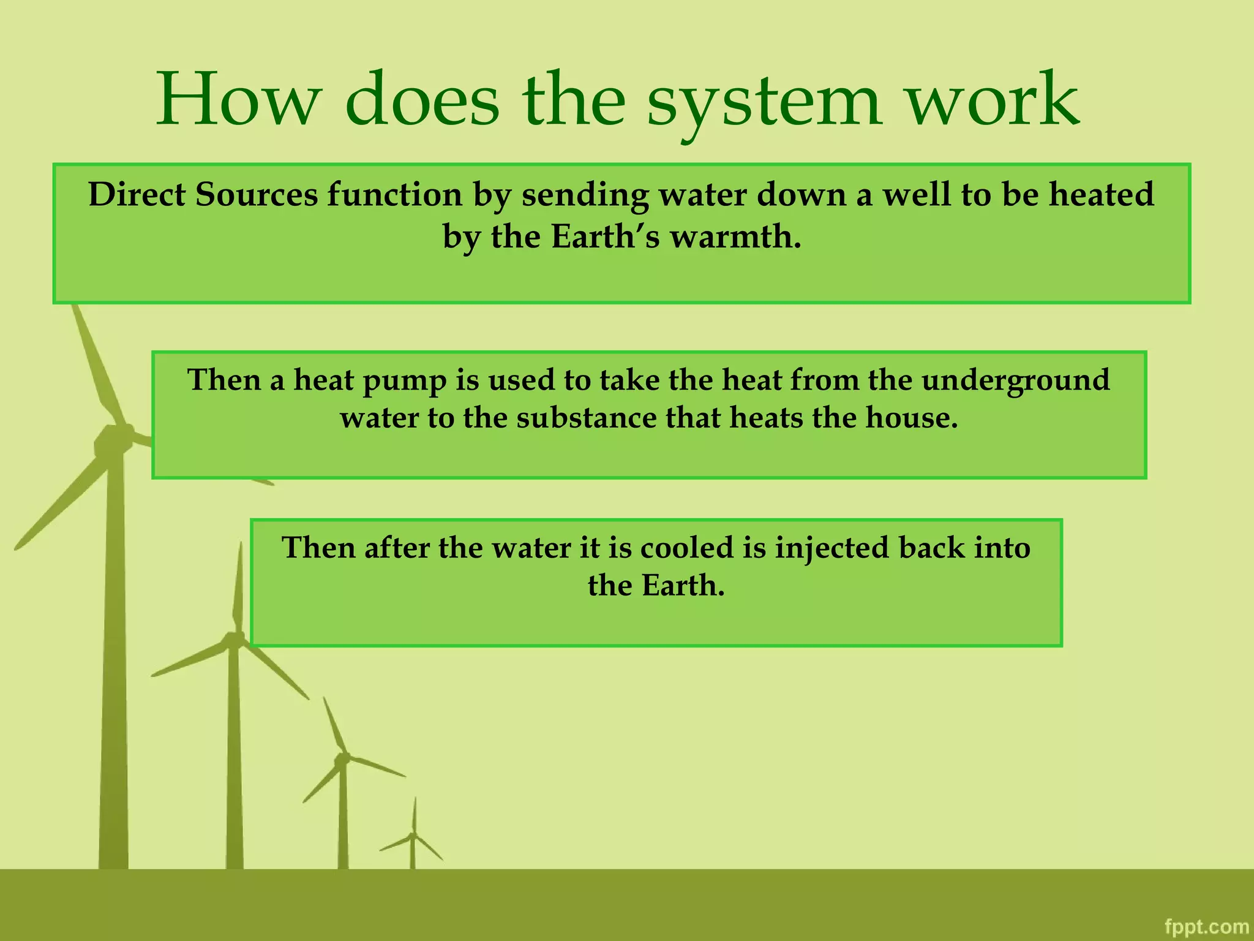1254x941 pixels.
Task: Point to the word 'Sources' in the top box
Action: [257, 195]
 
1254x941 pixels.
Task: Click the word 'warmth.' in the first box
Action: [735, 236]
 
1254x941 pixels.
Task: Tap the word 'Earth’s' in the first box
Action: [605, 236]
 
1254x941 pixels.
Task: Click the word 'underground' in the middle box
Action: [1015, 381]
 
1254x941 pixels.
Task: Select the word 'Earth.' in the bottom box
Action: [683, 586]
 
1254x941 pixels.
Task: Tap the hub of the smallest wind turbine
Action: [413, 834]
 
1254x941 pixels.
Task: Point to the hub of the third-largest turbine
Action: [342, 758]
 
